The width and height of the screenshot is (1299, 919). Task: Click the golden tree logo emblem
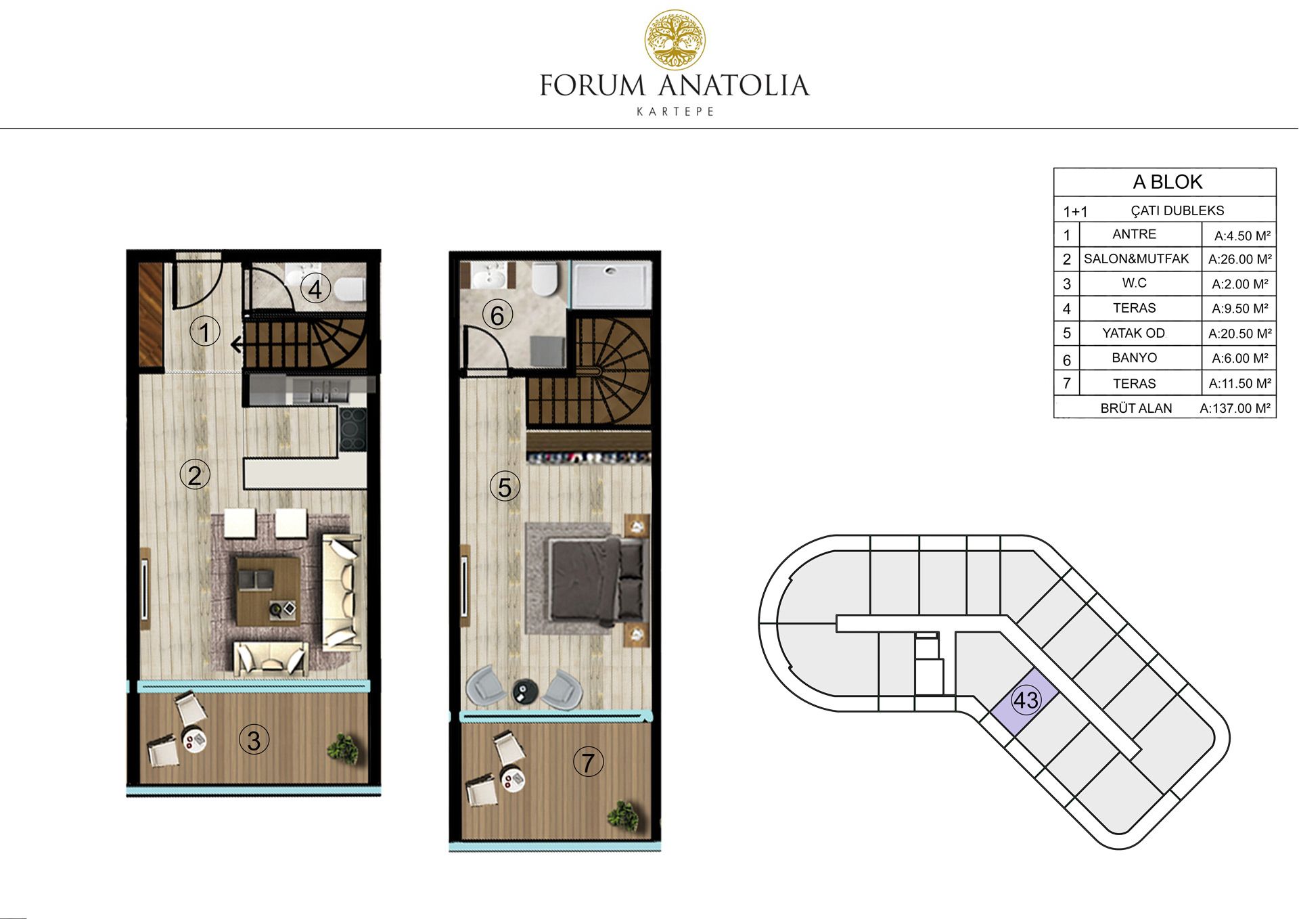(x=675, y=40)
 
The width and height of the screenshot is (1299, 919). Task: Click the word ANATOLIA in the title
(x=733, y=86)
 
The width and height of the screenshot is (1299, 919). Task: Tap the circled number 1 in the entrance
(x=205, y=332)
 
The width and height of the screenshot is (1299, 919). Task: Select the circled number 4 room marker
(x=315, y=289)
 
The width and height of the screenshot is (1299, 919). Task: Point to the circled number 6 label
(x=497, y=315)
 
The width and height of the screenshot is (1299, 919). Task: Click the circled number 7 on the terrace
(x=589, y=762)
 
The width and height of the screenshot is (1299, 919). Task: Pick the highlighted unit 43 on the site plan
(x=1026, y=700)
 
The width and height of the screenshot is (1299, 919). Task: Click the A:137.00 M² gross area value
(x=1235, y=408)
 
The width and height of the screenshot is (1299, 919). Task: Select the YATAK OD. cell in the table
(x=1134, y=333)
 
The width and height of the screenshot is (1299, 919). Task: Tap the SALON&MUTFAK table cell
(x=1136, y=259)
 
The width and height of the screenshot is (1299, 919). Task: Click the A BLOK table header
(x=1167, y=181)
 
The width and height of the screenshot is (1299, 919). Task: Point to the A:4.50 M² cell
(x=1242, y=236)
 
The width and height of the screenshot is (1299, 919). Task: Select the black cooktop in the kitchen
(x=352, y=430)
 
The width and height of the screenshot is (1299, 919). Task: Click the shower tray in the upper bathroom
(x=612, y=284)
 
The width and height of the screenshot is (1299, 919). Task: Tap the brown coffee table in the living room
(x=268, y=591)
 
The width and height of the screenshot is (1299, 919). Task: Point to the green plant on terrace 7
(x=623, y=816)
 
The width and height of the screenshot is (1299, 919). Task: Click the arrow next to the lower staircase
(x=237, y=345)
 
